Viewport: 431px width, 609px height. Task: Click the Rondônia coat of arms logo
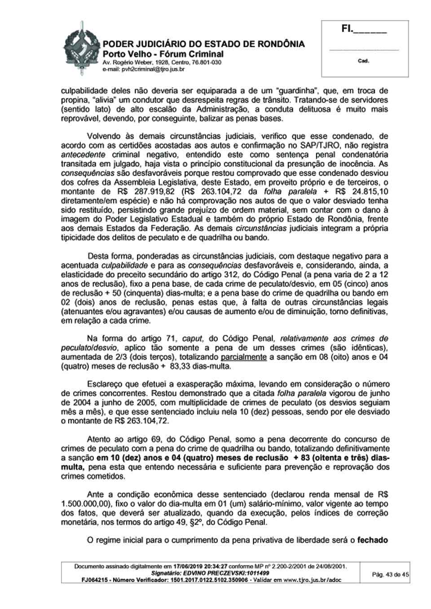click(81, 47)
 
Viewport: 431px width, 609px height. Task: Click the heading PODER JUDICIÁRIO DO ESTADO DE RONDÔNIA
click(204, 44)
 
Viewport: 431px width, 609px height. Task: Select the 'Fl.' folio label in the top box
click(346, 30)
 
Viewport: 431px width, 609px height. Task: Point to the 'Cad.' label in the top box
click(363, 61)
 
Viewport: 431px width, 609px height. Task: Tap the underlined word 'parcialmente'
click(244, 357)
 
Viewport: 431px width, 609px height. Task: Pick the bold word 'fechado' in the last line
click(372, 540)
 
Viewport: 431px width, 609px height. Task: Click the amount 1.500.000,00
click(86, 504)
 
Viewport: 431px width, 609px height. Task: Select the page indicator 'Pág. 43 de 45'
click(391, 574)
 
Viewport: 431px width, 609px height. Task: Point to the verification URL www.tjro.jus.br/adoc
click(312, 580)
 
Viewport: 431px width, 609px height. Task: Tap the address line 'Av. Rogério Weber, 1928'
click(133, 62)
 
